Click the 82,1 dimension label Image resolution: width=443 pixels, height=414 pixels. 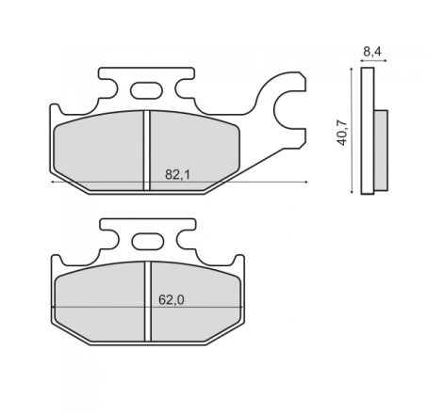pos(177,175)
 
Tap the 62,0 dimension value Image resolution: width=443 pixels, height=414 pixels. pos(172,300)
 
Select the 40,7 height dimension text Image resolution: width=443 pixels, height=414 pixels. pos(342,133)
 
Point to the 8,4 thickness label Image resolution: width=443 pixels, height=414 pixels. pos(372,52)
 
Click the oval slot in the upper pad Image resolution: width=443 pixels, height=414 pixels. pos(147,90)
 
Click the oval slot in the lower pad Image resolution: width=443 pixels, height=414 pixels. pos(148,242)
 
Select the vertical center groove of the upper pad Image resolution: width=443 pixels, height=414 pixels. pos(147,151)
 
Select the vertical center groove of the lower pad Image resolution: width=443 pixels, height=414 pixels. pos(148,301)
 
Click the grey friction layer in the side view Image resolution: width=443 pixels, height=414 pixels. pos(381,151)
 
